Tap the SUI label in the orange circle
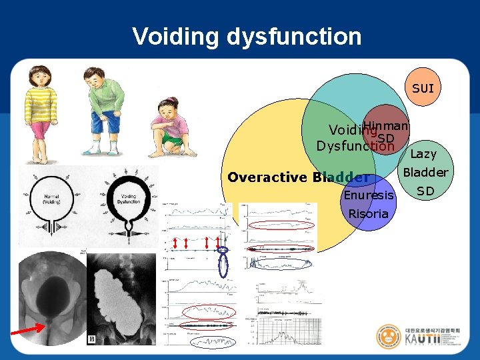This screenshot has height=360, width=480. click(x=423, y=88)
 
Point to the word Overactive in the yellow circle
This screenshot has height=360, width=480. click(x=267, y=177)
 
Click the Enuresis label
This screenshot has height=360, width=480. click(x=369, y=195)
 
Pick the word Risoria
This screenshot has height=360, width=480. click(x=368, y=213)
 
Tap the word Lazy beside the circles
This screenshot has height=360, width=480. click(x=423, y=154)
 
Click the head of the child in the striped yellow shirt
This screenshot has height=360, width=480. click(x=39, y=76)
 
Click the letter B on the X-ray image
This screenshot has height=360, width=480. click(x=91, y=339)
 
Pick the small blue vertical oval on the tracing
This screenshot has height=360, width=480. click(x=223, y=266)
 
